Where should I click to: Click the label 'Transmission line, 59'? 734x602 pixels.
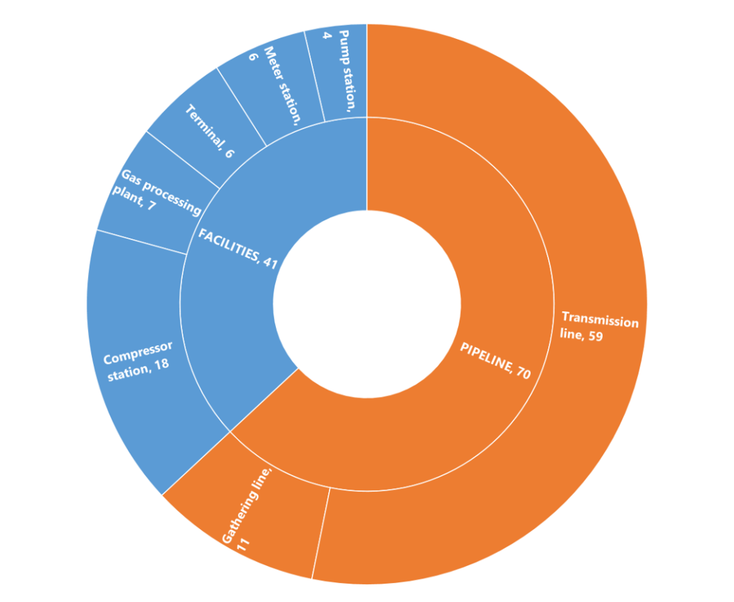point(599,327)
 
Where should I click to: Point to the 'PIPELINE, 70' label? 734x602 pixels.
point(495,360)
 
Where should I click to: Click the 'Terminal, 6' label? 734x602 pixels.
point(209,133)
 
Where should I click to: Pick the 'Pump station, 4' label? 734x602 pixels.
point(340,70)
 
